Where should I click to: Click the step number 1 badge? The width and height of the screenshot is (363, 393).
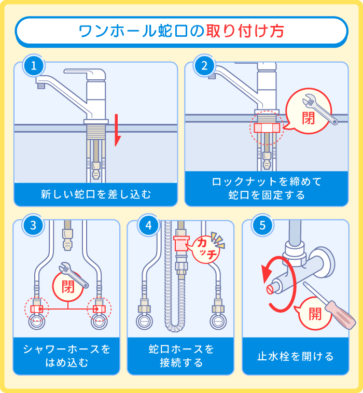[x=34, y=66]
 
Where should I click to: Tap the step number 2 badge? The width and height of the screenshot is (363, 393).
[x=204, y=66]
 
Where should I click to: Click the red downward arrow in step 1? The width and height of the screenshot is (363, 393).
[x=117, y=130]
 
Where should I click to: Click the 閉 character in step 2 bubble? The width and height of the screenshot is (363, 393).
[x=309, y=118]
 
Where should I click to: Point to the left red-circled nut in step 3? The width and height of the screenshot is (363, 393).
[x=36, y=309]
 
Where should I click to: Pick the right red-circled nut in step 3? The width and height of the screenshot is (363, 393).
[x=99, y=309]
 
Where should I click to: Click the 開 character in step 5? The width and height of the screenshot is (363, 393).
[x=314, y=313]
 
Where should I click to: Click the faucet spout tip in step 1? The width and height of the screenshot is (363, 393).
[x=40, y=85]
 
